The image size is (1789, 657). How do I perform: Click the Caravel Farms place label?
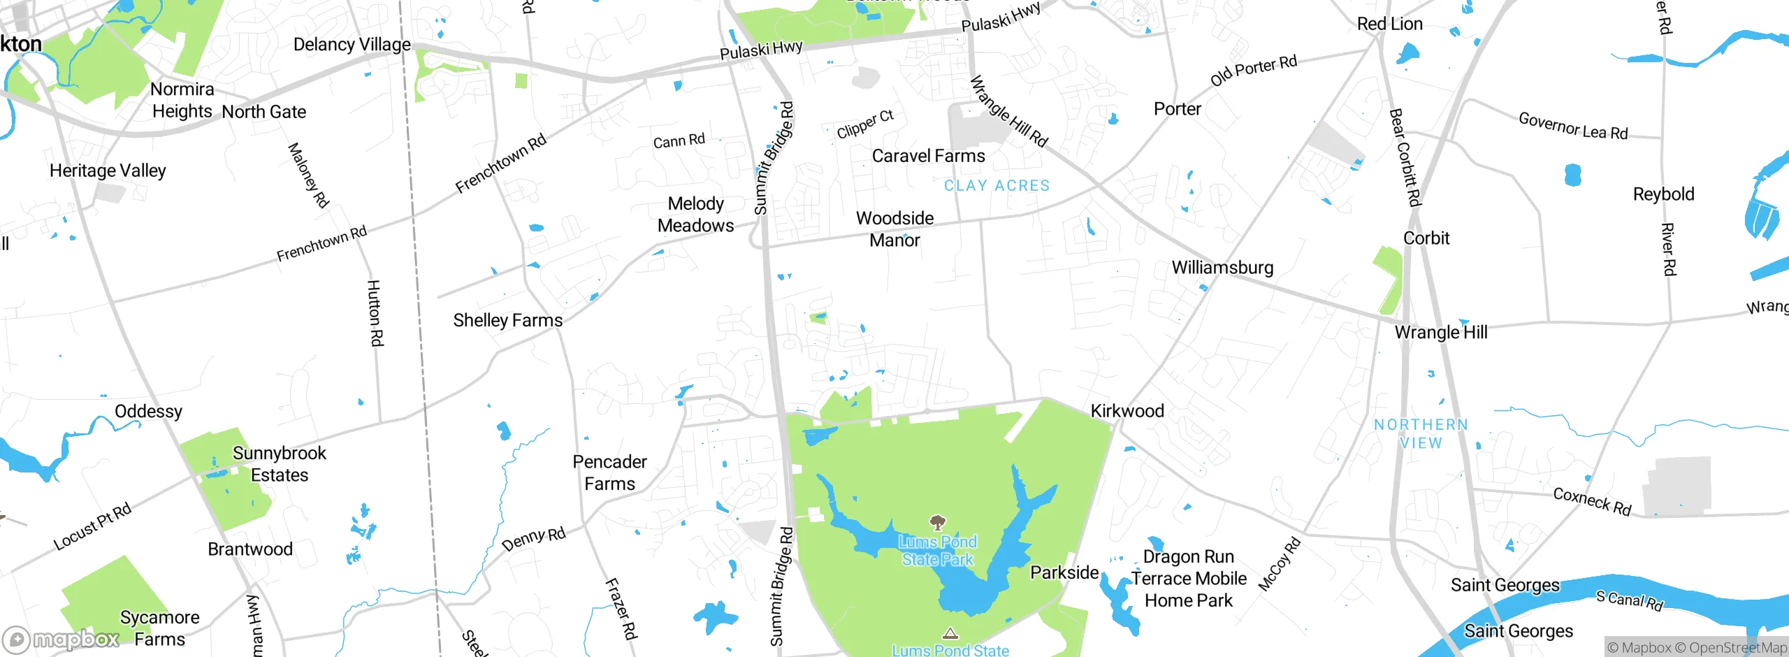pos(928,156)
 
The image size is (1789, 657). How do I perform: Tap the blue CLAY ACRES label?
pos(997,186)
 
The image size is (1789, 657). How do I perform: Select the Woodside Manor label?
pos(894,229)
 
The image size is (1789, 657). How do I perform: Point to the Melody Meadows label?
pos(695,215)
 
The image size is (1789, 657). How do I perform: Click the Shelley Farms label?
pos(508,320)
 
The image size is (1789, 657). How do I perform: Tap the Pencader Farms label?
pos(609,472)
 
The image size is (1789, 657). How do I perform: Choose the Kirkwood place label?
pos(1127,411)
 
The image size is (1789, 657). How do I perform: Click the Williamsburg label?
pos(1222,268)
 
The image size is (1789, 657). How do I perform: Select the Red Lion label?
pos(1389,24)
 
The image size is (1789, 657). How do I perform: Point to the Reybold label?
pos(1663,194)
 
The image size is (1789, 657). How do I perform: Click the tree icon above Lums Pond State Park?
pos(938,522)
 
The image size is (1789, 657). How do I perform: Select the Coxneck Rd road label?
pos(1592,502)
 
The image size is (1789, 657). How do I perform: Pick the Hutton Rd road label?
pos(375,312)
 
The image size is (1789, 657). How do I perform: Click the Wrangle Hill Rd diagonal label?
pos(1009,112)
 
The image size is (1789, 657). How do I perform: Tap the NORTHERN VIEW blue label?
pos(1421,433)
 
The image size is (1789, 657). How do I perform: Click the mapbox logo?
pos(61,639)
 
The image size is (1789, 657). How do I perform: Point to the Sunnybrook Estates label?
pos(280,464)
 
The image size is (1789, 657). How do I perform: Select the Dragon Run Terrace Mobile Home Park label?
pos(1188,579)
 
